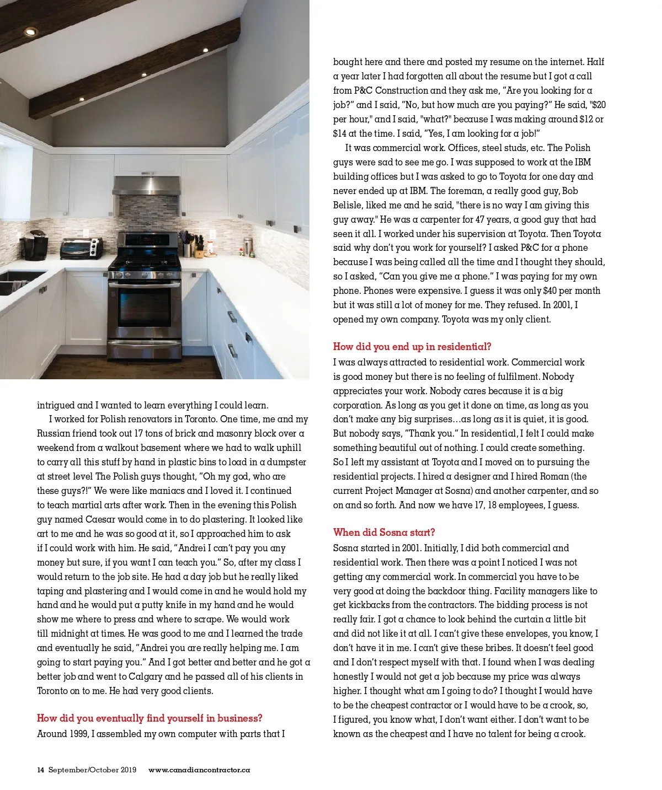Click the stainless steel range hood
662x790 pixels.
(x=147, y=185)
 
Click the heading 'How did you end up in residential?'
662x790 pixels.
(x=412, y=347)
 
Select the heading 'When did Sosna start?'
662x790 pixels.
(x=384, y=533)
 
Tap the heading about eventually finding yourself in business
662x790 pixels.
(x=150, y=718)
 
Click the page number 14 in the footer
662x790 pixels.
(x=40, y=770)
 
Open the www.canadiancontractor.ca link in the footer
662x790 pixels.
(x=199, y=770)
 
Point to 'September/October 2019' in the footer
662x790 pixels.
(x=92, y=770)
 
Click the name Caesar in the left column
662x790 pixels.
(x=100, y=519)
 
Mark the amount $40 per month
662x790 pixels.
(x=572, y=291)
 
